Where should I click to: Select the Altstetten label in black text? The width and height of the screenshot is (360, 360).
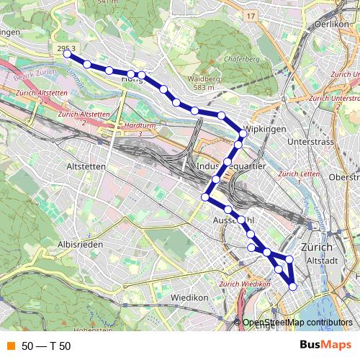tap(86, 166)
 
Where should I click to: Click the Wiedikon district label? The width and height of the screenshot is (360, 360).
tap(189, 297)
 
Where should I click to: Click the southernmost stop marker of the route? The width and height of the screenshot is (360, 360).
tap(292, 287)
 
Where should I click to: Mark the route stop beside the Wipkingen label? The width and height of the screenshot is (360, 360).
tap(243, 133)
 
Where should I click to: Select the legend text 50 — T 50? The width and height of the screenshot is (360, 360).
tap(46, 346)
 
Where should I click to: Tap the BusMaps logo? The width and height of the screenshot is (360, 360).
tap(326, 345)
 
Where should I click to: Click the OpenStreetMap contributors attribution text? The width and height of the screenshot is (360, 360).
tap(297, 323)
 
